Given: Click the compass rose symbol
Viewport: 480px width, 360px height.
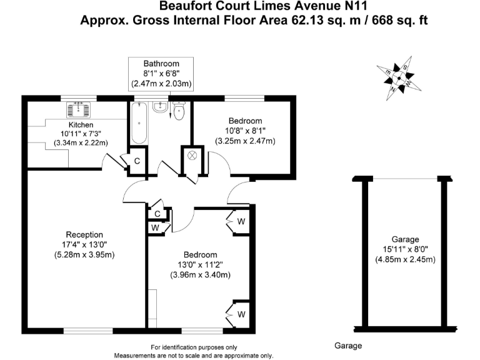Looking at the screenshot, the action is [x=399, y=78].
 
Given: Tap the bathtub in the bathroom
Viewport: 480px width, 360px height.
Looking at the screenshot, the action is [x=139, y=123].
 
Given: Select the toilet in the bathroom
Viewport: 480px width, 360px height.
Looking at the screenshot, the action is [x=179, y=111].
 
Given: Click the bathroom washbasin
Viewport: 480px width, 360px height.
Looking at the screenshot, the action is [x=160, y=107].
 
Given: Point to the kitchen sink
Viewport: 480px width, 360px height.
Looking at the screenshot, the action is [x=79, y=109].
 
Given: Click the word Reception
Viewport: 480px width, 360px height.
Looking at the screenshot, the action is [x=84, y=235].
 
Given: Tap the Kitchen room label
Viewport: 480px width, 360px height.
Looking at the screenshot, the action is [x=81, y=125].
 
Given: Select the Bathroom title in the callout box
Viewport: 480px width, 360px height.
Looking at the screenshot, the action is [x=161, y=64].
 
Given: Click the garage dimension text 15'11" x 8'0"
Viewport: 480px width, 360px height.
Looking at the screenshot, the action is [x=405, y=249].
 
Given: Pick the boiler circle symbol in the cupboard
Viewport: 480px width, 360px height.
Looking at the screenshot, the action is [x=192, y=156].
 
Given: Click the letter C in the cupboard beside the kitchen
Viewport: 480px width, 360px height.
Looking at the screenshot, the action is [x=137, y=161].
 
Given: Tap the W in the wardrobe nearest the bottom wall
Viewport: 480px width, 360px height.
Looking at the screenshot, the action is [x=241, y=314].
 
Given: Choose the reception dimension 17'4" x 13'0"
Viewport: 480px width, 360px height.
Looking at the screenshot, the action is [x=84, y=244].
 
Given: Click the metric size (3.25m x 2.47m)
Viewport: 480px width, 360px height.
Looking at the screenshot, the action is [x=245, y=141].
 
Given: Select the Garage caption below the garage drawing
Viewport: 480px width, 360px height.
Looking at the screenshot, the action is [x=348, y=346].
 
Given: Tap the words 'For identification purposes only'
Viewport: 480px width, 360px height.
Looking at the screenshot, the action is [x=194, y=347].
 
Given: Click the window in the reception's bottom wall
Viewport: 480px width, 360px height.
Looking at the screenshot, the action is [x=88, y=331].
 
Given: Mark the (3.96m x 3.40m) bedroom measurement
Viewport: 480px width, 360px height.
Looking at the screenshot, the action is [x=201, y=275].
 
